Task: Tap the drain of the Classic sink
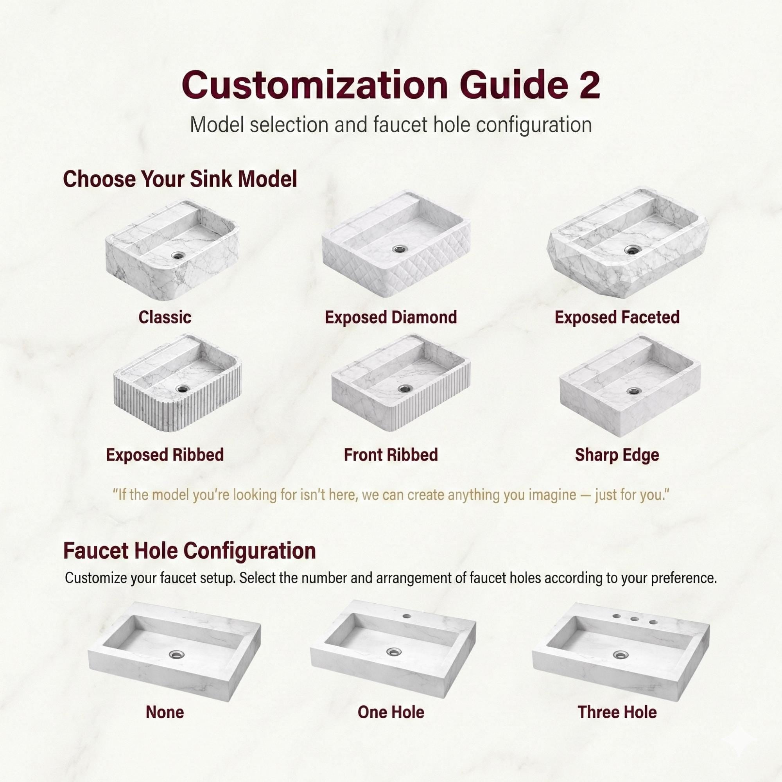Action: pos(178,255)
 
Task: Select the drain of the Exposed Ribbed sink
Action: pos(183,389)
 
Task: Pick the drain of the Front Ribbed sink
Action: pos(404,389)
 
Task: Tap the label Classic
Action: pos(165,317)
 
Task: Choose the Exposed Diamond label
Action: pos(391,317)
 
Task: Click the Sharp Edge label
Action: pos(617,455)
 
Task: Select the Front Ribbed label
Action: pos(391,455)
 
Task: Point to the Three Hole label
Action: pos(617,712)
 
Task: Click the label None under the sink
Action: pos(165,712)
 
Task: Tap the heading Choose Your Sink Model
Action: pos(180,179)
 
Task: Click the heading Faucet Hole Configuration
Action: pos(189,551)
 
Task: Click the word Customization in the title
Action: pos(314,84)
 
